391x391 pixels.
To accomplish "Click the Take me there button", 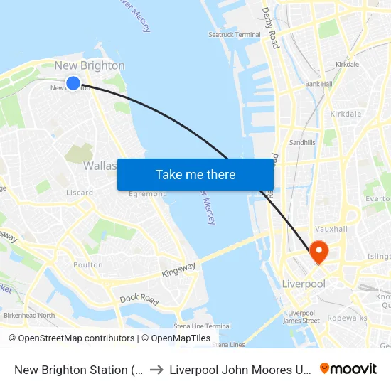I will click(195, 175).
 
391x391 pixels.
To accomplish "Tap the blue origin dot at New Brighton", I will click(73, 83).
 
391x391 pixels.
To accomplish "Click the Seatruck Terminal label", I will click(235, 34).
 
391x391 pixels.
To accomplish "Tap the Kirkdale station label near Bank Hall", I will click(347, 64).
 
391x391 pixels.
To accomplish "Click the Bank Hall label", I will click(318, 84).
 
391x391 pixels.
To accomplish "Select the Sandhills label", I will click(302, 142).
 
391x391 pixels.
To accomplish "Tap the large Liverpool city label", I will click(304, 284).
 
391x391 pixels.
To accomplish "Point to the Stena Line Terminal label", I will click(203, 326).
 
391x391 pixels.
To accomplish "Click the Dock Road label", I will click(138, 299).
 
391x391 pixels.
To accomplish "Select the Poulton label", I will click(88, 264).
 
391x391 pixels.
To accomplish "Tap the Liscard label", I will click(80, 193).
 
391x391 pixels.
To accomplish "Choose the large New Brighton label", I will click(90, 65).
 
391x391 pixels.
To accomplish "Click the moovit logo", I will click(348, 368).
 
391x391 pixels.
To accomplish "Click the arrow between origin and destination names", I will click(156, 369).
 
